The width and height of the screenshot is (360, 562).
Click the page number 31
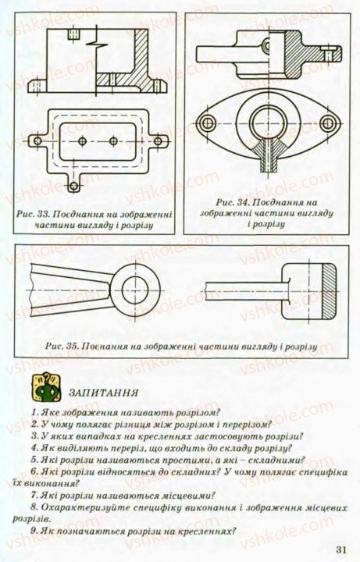pos(341,549)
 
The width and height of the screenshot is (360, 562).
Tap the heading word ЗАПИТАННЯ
pos(104,392)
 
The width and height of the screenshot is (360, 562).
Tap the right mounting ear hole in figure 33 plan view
pos(159,140)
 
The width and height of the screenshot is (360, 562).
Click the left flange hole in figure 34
pos(207,122)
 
